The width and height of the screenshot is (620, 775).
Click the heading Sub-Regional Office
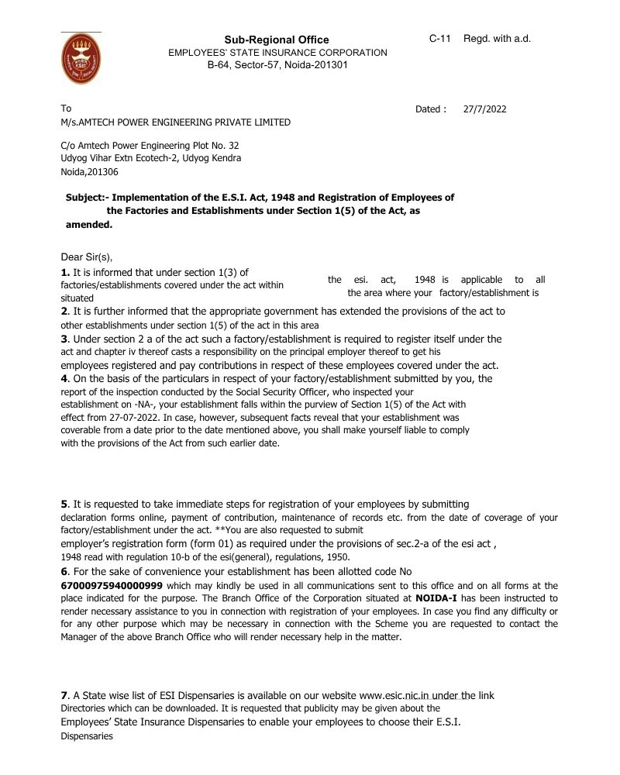click(x=277, y=40)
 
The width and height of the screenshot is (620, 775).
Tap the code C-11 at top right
click(x=440, y=39)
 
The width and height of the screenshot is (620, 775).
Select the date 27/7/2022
click(x=484, y=109)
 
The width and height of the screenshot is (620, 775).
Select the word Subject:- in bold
click(x=88, y=198)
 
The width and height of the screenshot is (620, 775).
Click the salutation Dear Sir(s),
click(x=91, y=257)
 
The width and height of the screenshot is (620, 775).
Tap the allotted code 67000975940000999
click(x=112, y=585)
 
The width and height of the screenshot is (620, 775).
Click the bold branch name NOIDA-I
click(x=439, y=598)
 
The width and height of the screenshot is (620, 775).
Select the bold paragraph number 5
click(x=64, y=505)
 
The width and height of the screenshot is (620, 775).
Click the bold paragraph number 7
click(x=64, y=695)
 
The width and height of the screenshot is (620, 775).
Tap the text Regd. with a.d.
click(x=497, y=39)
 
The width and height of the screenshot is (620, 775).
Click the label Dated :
click(x=431, y=109)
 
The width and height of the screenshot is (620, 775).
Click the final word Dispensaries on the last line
click(x=87, y=736)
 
